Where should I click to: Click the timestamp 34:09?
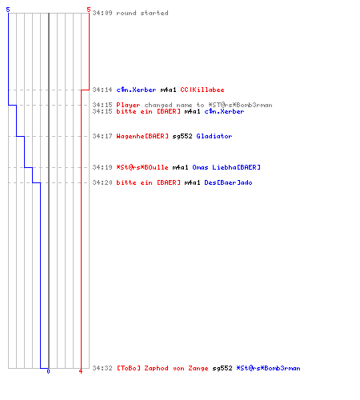click(x=102, y=13)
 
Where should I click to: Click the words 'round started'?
click(x=142, y=13)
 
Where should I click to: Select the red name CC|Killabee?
click(x=202, y=90)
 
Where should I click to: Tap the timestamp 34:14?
click(x=102, y=90)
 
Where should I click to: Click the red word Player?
click(x=128, y=105)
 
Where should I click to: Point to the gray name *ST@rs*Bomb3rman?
click(x=240, y=105)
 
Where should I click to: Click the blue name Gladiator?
click(x=214, y=136)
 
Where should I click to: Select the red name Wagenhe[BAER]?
click(x=142, y=136)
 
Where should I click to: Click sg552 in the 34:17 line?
click(x=182, y=136)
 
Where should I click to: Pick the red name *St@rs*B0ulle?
click(x=142, y=167)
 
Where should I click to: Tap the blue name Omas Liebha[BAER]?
click(x=226, y=167)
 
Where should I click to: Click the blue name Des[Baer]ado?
click(x=228, y=182)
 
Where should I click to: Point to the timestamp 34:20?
click(x=102, y=182)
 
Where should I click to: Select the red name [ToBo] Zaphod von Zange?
click(x=162, y=368)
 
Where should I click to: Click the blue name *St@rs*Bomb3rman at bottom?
click(x=268, y=368)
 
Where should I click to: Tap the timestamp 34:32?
click(x=102, y=368)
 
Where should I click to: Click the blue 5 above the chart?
click(x=8, y=10)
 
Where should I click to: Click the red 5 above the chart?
click(x=89, y=10)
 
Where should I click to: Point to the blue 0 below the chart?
click(x=48, y=371)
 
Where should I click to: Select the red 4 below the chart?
click(x=81, y=371)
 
